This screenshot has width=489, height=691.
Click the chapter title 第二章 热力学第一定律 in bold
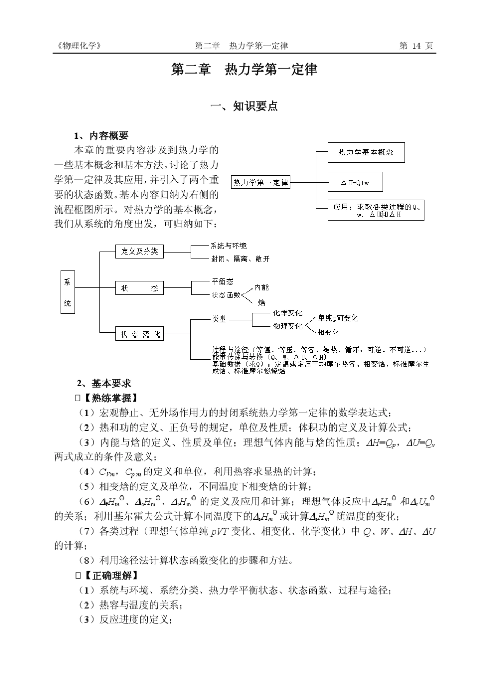point(244,69)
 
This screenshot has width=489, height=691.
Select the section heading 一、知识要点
point(244,107)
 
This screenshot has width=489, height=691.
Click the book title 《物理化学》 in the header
point(77,46)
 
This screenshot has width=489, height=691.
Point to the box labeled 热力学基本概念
point(366,153)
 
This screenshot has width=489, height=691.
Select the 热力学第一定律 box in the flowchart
point(260,182)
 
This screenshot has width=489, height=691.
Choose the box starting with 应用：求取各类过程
point(376,210)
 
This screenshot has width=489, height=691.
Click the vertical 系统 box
point(67,291)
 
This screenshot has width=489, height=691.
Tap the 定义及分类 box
point(139,252)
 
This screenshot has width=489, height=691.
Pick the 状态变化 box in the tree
point(139,334)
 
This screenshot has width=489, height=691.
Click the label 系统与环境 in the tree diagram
point(229,246)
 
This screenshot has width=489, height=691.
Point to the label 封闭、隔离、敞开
point(240,259)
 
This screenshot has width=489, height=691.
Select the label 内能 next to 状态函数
point(261,287)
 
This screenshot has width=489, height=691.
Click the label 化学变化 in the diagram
point(288,313)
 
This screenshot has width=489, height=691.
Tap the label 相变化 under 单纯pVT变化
point(328,332)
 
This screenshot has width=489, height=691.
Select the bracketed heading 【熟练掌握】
point(110,398)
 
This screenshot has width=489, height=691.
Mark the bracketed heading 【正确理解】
point(110,575)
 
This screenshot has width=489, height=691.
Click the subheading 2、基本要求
point(103,383)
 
